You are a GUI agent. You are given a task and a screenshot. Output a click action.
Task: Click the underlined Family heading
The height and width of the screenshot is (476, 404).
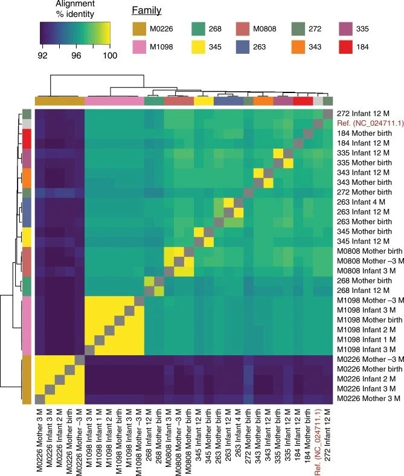point(147,10)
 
